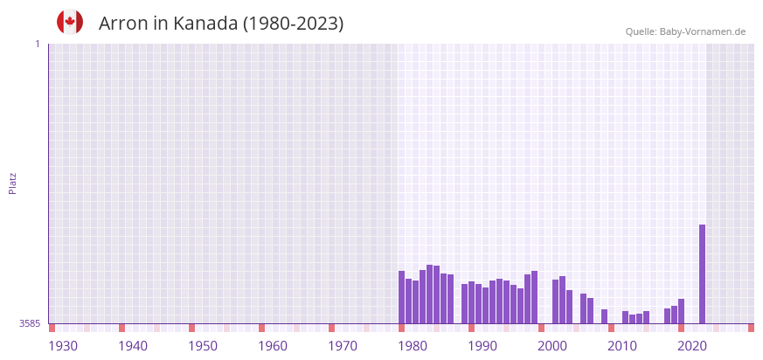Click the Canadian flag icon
pyautogui.click(x=70, y=23)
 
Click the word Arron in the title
pyautogui.click(x=122, y=24)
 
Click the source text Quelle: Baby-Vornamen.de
pyautogui.click(x=685, y=31)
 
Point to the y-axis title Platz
pyautogui.click(x=13, y=183)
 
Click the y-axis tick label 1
pyautogui.click(x=37, y=44)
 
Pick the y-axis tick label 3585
pyautogui.click(x=30, y=323)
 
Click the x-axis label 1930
pyautogui.click(x=63, y=346)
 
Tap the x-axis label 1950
pyautogui.click(x=203, y=346)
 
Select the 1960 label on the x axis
pyautogui.click(x=273, y=346)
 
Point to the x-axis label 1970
pyautogui.click(x=343, y=346)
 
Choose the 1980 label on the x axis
pyautogui.click(x=413, y=346)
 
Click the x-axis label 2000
pyautogui.click(x=552, y=346)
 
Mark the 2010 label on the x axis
pyautogui.click(x=622, y=346)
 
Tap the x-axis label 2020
pyautogui.click(x=692, y=346)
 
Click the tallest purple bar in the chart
pyautogui.click(x=702, y=273)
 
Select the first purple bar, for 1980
pyautogui.click(x=402, y=297)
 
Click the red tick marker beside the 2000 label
pyautogui.click(x=541, y=328)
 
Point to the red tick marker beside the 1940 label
pyautogui.click(x=121, y=328)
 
